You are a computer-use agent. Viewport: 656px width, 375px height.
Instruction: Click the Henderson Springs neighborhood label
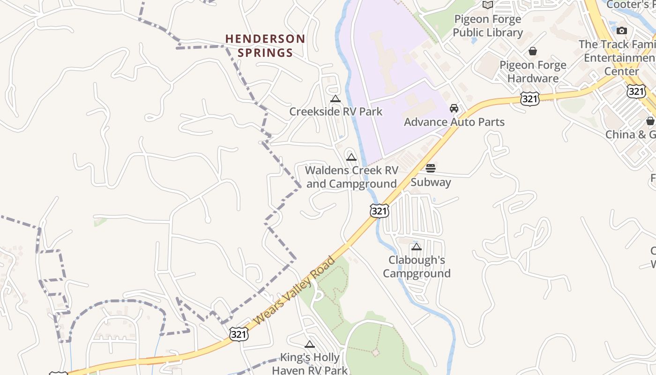coord(265,45)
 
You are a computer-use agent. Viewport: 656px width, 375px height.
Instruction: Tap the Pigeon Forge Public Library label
coord(487,26)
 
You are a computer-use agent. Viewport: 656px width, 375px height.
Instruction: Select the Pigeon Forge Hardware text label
coord(533,71)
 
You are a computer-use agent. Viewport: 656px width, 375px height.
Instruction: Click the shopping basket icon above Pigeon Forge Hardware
coord(533,51)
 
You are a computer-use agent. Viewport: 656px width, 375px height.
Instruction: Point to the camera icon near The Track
coord(622,30)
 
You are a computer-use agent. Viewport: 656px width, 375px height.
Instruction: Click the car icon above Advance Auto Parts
coord(454,108)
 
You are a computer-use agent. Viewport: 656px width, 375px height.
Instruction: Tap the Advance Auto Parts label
coord(454,122)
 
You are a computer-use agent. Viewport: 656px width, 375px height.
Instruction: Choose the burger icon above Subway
coord(431,168)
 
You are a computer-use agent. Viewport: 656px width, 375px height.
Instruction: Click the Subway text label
coord(431,182)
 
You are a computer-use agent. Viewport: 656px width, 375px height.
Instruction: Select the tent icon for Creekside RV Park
coord(335,98)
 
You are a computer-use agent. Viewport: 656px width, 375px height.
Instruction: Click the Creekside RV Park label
coord(335,112)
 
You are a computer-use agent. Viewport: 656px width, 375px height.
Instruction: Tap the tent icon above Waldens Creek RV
coord(351,157)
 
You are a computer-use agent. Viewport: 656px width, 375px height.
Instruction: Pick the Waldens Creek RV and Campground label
coord(351,177)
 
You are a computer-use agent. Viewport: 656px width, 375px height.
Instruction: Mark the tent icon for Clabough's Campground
coord(416,247)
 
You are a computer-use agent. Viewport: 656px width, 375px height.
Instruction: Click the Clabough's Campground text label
coord(417,266)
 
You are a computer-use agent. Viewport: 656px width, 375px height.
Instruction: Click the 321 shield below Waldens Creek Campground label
coord(379,211)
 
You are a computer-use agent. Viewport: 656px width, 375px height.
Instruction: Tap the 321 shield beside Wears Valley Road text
coord(239,334)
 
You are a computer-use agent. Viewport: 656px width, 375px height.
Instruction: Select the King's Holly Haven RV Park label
coord(310,364)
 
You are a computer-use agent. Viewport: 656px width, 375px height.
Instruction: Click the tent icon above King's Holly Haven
coord(310,345)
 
